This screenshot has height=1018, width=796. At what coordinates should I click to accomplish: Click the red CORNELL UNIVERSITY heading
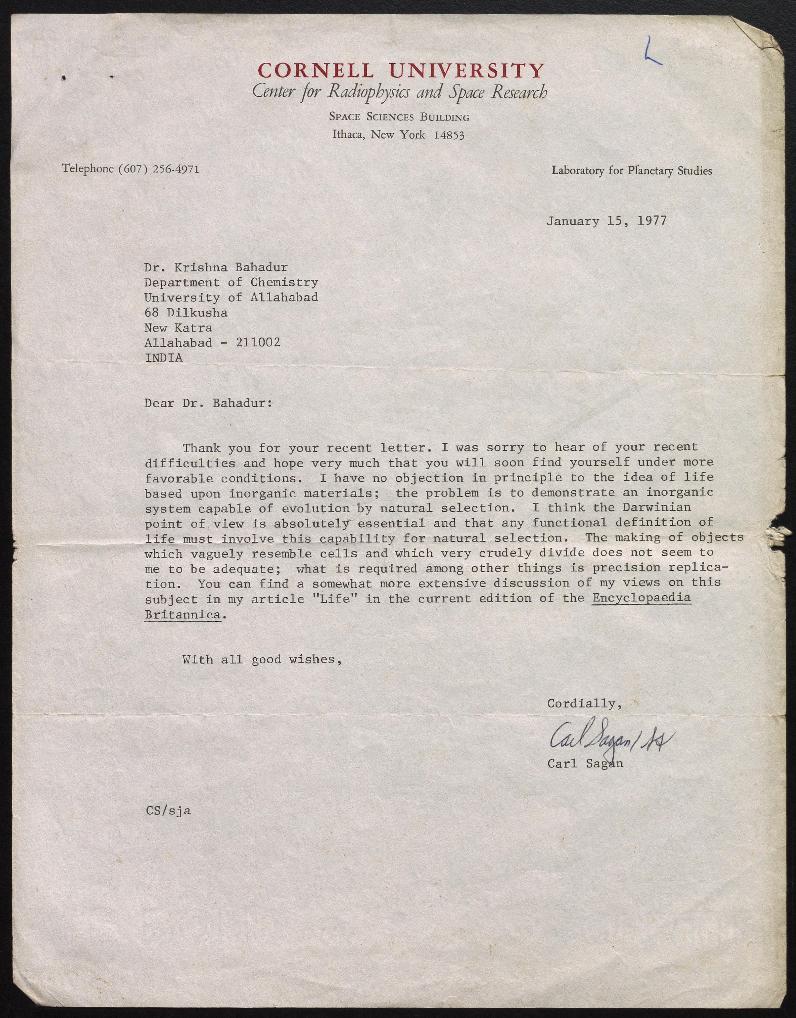point(400,70)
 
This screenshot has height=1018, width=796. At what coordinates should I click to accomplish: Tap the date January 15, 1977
point(606,220)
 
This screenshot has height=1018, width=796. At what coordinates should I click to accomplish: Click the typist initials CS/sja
point(168,810)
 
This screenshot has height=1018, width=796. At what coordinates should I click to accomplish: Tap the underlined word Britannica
point(182,614)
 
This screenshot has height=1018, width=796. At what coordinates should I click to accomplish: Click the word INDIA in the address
point(164,358)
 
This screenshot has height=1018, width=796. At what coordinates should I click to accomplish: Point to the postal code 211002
point(258,342)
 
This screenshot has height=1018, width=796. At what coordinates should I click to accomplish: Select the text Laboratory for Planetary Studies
point(631,170)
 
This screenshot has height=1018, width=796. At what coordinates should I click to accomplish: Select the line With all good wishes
point(262,659)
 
